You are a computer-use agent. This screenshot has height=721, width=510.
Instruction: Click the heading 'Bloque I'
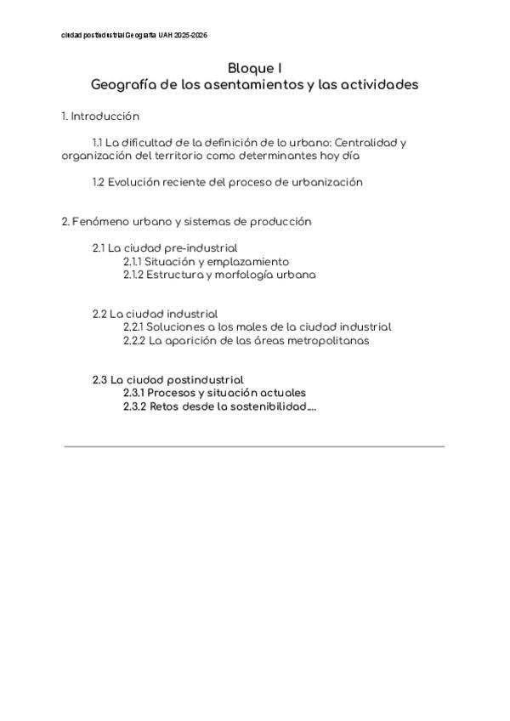click(x=255, y=68)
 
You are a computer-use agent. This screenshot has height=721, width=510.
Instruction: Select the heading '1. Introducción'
click(x=100, y=116)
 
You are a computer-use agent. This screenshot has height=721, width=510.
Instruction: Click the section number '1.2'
click(x=99, y=182)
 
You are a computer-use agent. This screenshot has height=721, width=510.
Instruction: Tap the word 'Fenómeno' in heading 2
click(x=103, y=221)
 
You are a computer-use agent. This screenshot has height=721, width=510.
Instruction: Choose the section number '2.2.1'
click(x=133, y=326)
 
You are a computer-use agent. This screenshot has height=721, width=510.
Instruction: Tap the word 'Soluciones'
click(x=176, y=326)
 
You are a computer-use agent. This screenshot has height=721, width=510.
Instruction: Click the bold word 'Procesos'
click(x=175, y=393)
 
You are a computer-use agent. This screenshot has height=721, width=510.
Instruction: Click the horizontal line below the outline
click(x=255, y=446)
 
